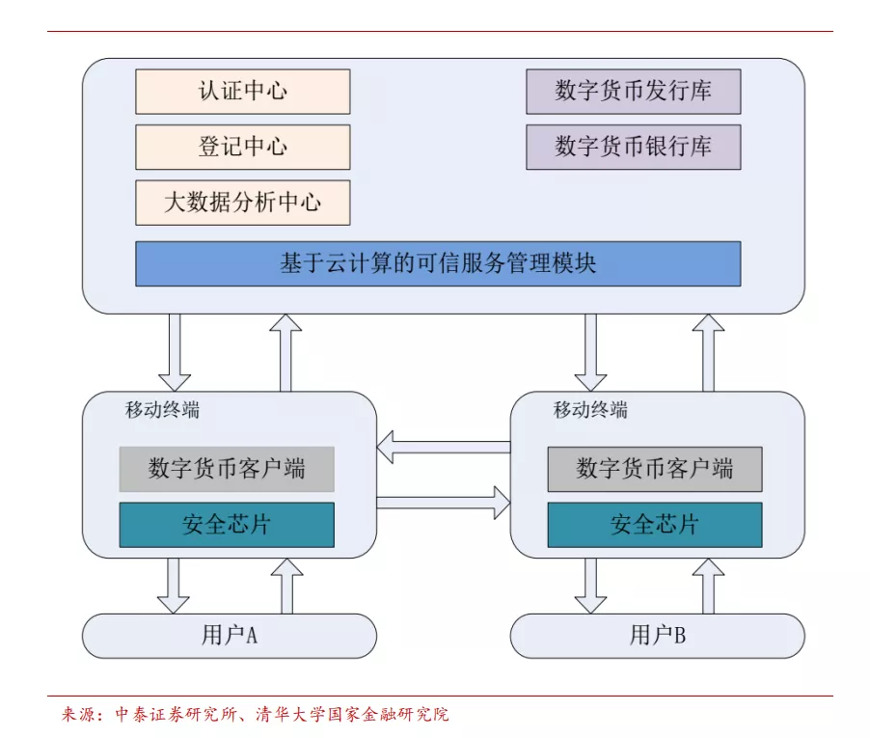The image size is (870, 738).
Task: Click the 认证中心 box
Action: pyautogui.click(x=242, y=92)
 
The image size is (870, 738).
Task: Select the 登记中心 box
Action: pyautogui.click(x=242, y=147)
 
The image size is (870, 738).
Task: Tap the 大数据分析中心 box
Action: pyautogui.click(x=242, y=203)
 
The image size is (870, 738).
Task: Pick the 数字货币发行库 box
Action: pyautogui.click(x=633, y=92)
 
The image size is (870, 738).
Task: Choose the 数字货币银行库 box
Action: pyautogui.click(x=633, y=147)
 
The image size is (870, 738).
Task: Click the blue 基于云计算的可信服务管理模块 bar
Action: pyautogui.click(x=438, y=263)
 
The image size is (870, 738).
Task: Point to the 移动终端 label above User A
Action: pyautogui.click(x=162, y=409)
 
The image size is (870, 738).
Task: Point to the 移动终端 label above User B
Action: pyautogui.click(x=590, y=409)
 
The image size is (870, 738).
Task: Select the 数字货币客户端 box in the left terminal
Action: pyautogui.click(x=227, y=469)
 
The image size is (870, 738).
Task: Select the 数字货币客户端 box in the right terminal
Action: pyautogui.click(x=655, y=470)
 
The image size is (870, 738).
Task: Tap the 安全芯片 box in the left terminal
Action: pyautogui.click(x=227, y=525)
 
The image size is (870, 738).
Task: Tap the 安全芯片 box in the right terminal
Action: pyautogui.click(x=655, y=525)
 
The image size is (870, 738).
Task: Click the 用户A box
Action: pyautogui.click(x=229, y=636)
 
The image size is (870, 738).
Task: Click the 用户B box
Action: pyautogui.click(x=657, y=636)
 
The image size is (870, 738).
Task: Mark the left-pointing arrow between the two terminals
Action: pyautogui.click(x=443, y=447)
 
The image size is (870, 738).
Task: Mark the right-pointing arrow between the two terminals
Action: pyautogui.click(x=443, y=502)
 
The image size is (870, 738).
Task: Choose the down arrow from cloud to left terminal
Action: pyautogui.click(x=175, y=352)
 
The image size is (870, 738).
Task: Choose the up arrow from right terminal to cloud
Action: pyautogui.click(x=708, y=352)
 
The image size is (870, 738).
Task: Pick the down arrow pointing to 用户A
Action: pyautogui.click(x=174, y=586)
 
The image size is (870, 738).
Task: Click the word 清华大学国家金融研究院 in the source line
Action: pyautogui.click(x=352, y=715)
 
